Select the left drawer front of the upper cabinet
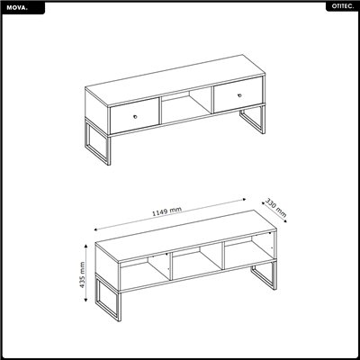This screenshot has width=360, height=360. point(133,114)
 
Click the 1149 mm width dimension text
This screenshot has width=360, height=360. point(168,210)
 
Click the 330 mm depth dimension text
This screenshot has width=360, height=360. point(275,207)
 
